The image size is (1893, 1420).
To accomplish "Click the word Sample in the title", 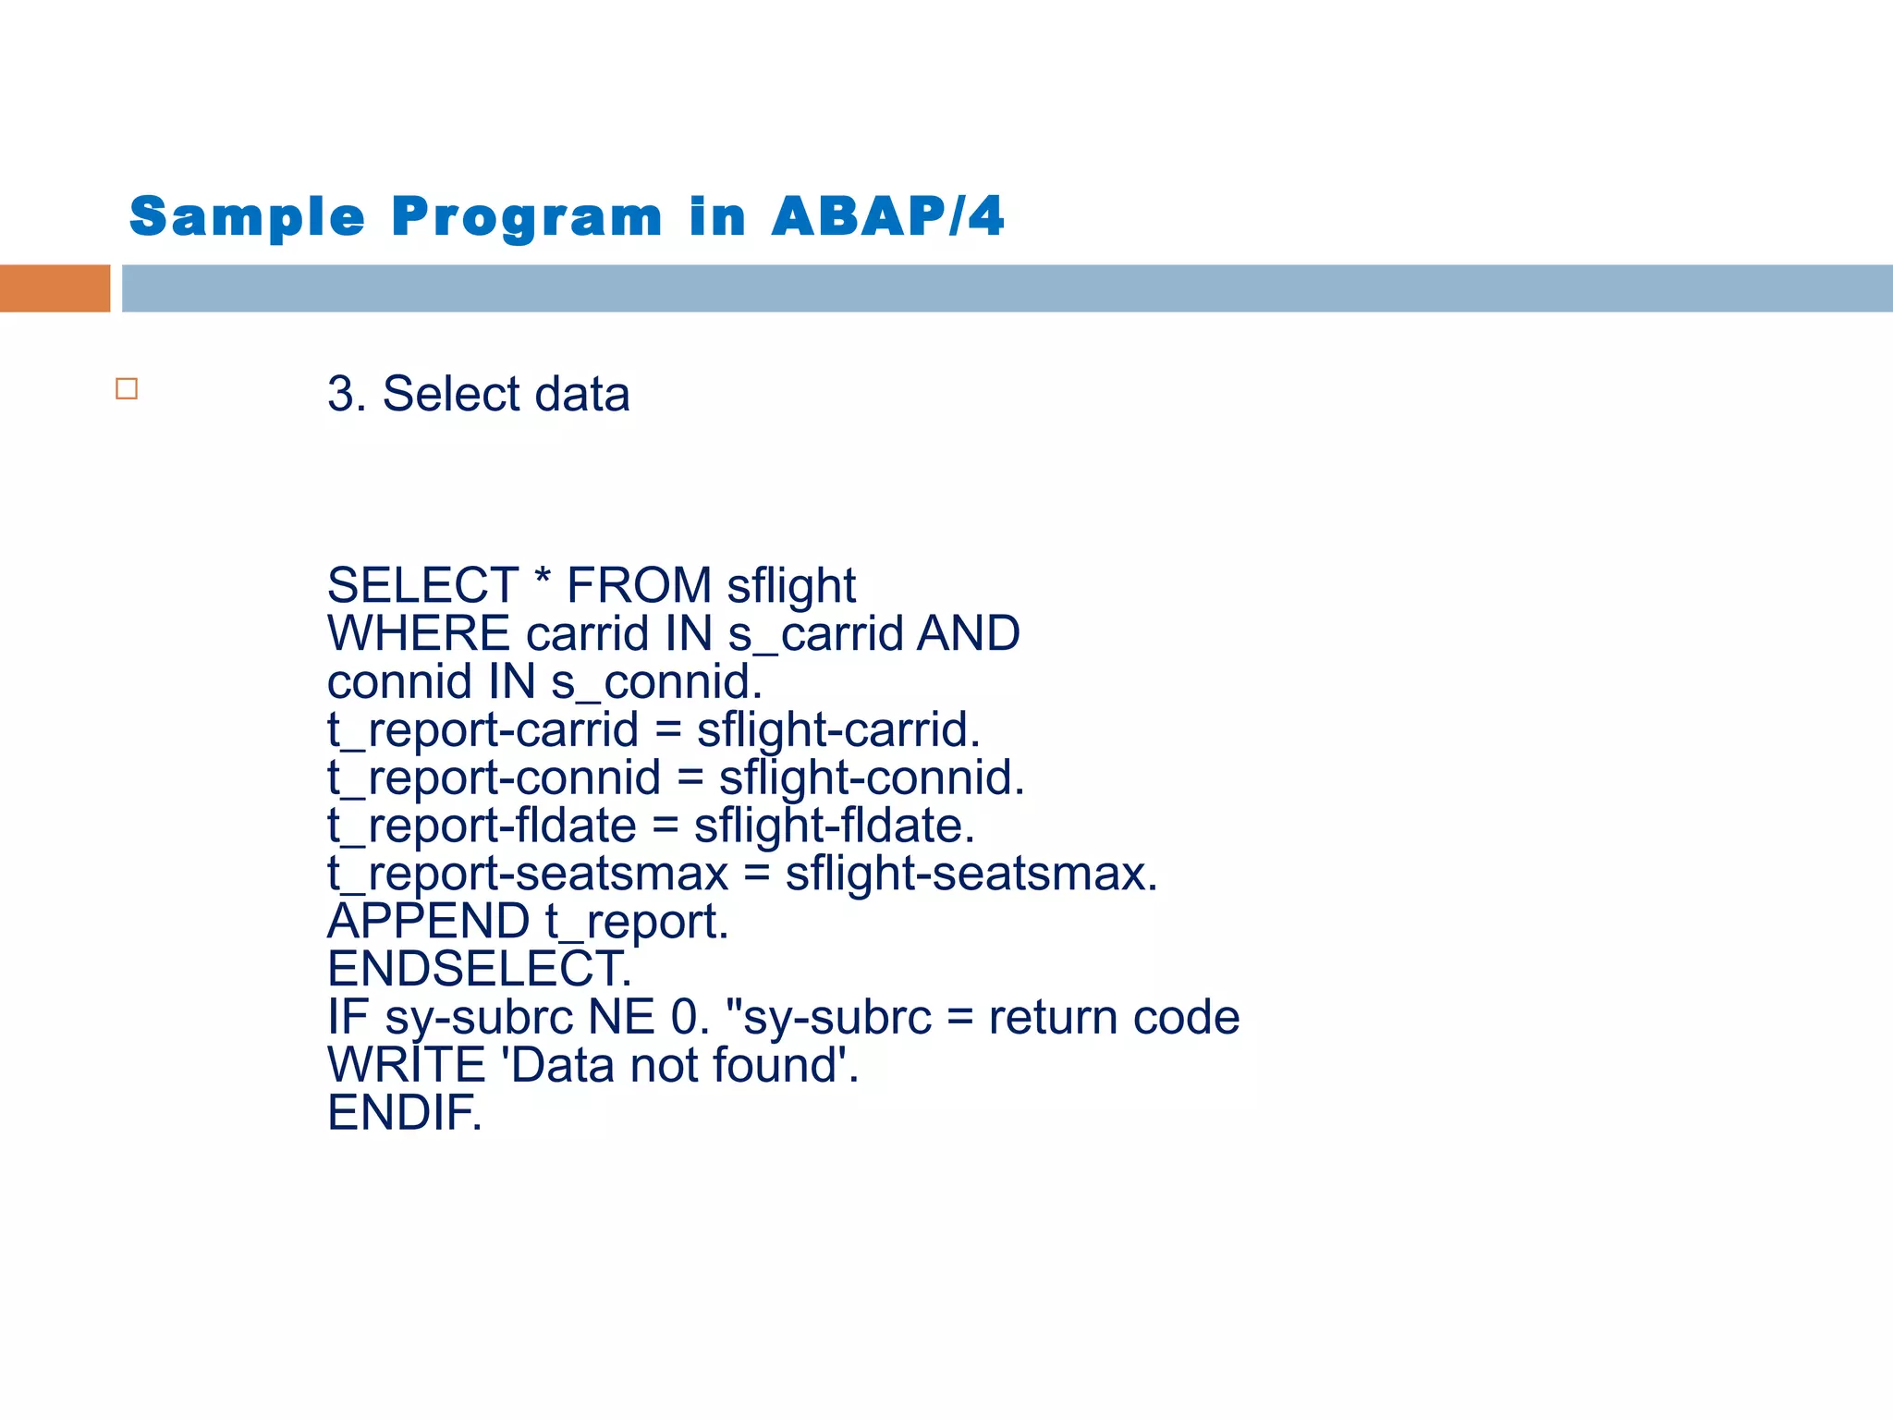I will point(247,218).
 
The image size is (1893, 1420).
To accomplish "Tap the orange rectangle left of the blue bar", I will point(55,288).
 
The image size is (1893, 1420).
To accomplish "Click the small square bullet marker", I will point(127,389).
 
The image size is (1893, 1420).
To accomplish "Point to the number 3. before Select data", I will point(347,395).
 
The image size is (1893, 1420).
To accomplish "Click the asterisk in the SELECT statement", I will point(543,580).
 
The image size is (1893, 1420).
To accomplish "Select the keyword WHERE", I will point(419,634).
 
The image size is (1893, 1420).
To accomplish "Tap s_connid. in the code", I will point(656,682).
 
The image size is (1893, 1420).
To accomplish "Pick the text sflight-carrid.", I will point(837,730).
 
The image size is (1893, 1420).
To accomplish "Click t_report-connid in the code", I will point(495,778).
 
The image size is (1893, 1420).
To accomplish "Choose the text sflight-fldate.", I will point(834,826).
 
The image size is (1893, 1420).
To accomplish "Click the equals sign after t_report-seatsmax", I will point(756,874).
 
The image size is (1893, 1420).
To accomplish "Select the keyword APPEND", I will point(429,922).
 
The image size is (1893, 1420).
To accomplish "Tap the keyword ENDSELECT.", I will point(479,969).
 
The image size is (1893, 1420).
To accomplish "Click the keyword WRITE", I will point(407,1065).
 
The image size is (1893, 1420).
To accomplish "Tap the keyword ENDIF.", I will point(404,1113).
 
